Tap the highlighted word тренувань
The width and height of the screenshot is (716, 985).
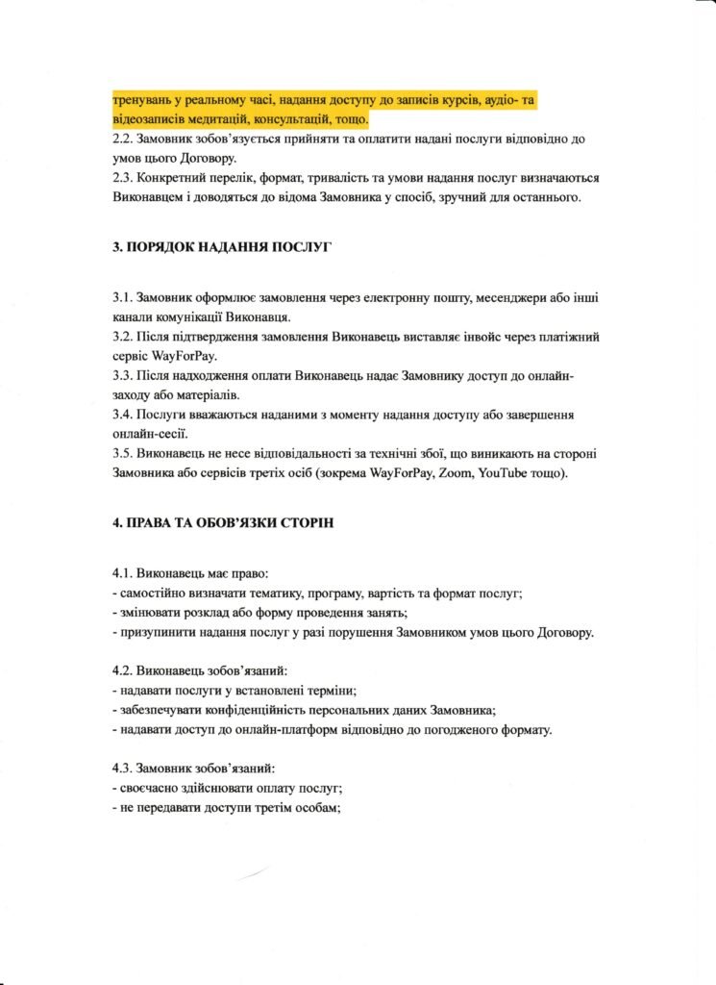point(143,100)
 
